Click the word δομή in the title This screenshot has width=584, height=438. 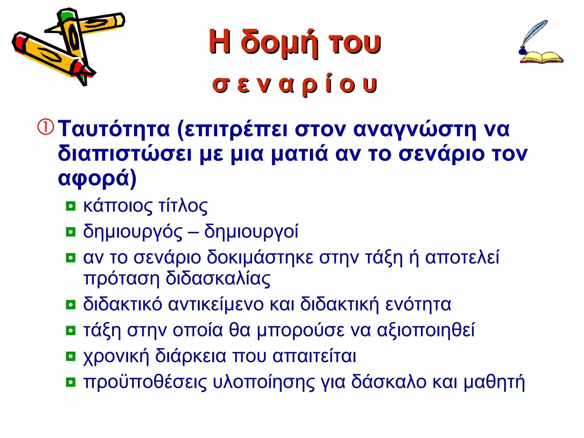pyautogui.click(x=279, y=43)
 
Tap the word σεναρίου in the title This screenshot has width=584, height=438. pyautogui.click(x=295, y=84)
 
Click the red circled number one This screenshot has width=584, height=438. pyautogui.click(x=46, y=127)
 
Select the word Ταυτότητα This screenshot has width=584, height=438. pyautogui.click(x=114, y=129)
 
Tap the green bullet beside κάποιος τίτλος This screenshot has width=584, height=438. pyautogui.click(x=70, y=206)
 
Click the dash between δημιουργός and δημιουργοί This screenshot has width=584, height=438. pyautogui.click(x=193, y=232)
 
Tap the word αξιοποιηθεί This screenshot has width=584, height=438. pyautogui.click(x=425, y=330)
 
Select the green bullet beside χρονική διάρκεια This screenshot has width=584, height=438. pyautogui.click(x=70, y=356)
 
